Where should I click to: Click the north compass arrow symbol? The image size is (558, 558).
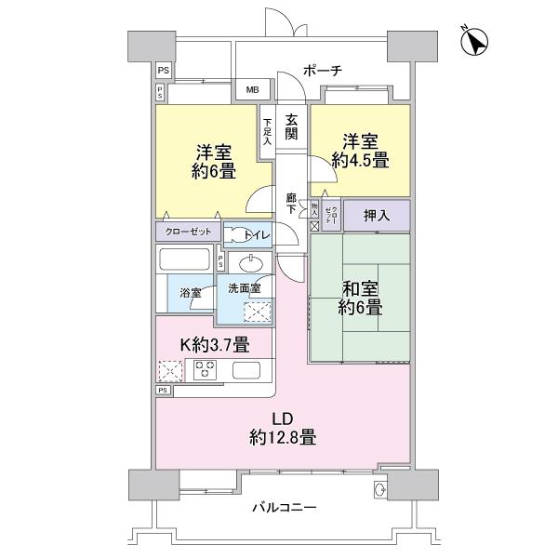coord(475,43)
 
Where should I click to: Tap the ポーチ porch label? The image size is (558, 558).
coord(324,70)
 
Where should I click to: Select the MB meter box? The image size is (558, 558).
coord(252,90)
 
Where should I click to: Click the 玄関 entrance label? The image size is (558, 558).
coord(291,127)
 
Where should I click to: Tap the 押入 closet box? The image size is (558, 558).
coord(376,215)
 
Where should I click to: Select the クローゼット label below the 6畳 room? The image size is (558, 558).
coord(188,232)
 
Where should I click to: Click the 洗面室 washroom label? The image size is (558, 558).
coord(244,287)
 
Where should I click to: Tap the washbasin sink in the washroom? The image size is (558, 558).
coord(247,263)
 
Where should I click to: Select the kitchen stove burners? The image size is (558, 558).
coord(206,371)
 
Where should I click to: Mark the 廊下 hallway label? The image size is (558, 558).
coord(291,204)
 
